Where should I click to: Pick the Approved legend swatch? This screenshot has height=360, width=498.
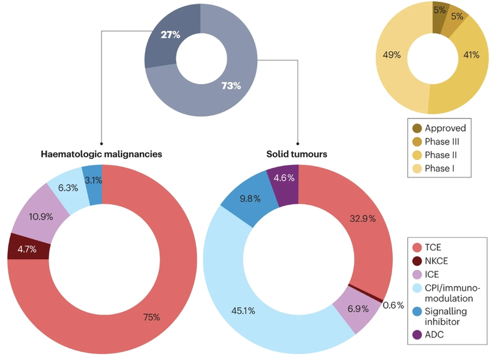coord(418,128)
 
